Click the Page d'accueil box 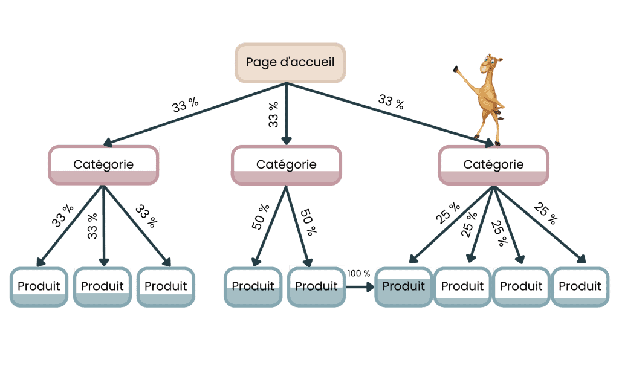(x=290, y=63)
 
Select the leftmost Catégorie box (x=103, y=165)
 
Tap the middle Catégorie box (x=286, y=165)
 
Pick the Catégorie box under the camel (x=493, y=165)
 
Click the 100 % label (x=358, y=274)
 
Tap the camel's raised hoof (x=456, y=69)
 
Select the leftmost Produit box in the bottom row (x=39, y=287)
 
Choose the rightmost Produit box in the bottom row (x=580, y=287)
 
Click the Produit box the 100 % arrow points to (x=403, y=287)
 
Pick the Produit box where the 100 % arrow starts (x=316, y=287)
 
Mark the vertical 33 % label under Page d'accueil (x=273, y=115)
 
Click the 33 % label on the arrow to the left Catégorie (x=185, y=105)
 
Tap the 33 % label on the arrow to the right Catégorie (x=391, y=102)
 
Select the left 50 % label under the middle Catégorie (x=261, y=217)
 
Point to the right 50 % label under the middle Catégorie (x=308, y=222)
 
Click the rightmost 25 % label (x=546, y=213)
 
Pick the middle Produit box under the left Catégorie (x=102, y=287)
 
